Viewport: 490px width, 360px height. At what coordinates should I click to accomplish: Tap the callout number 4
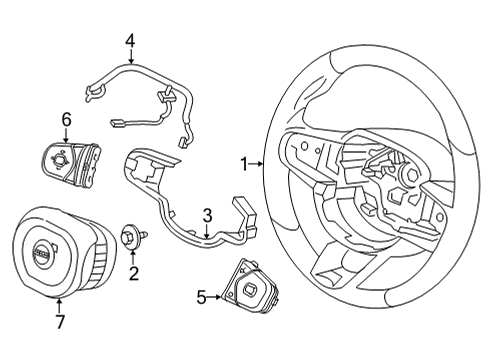point(129,41)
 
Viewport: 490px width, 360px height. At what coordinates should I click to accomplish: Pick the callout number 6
point(66,120)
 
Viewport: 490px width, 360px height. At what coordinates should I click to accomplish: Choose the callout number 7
point(60,322)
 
